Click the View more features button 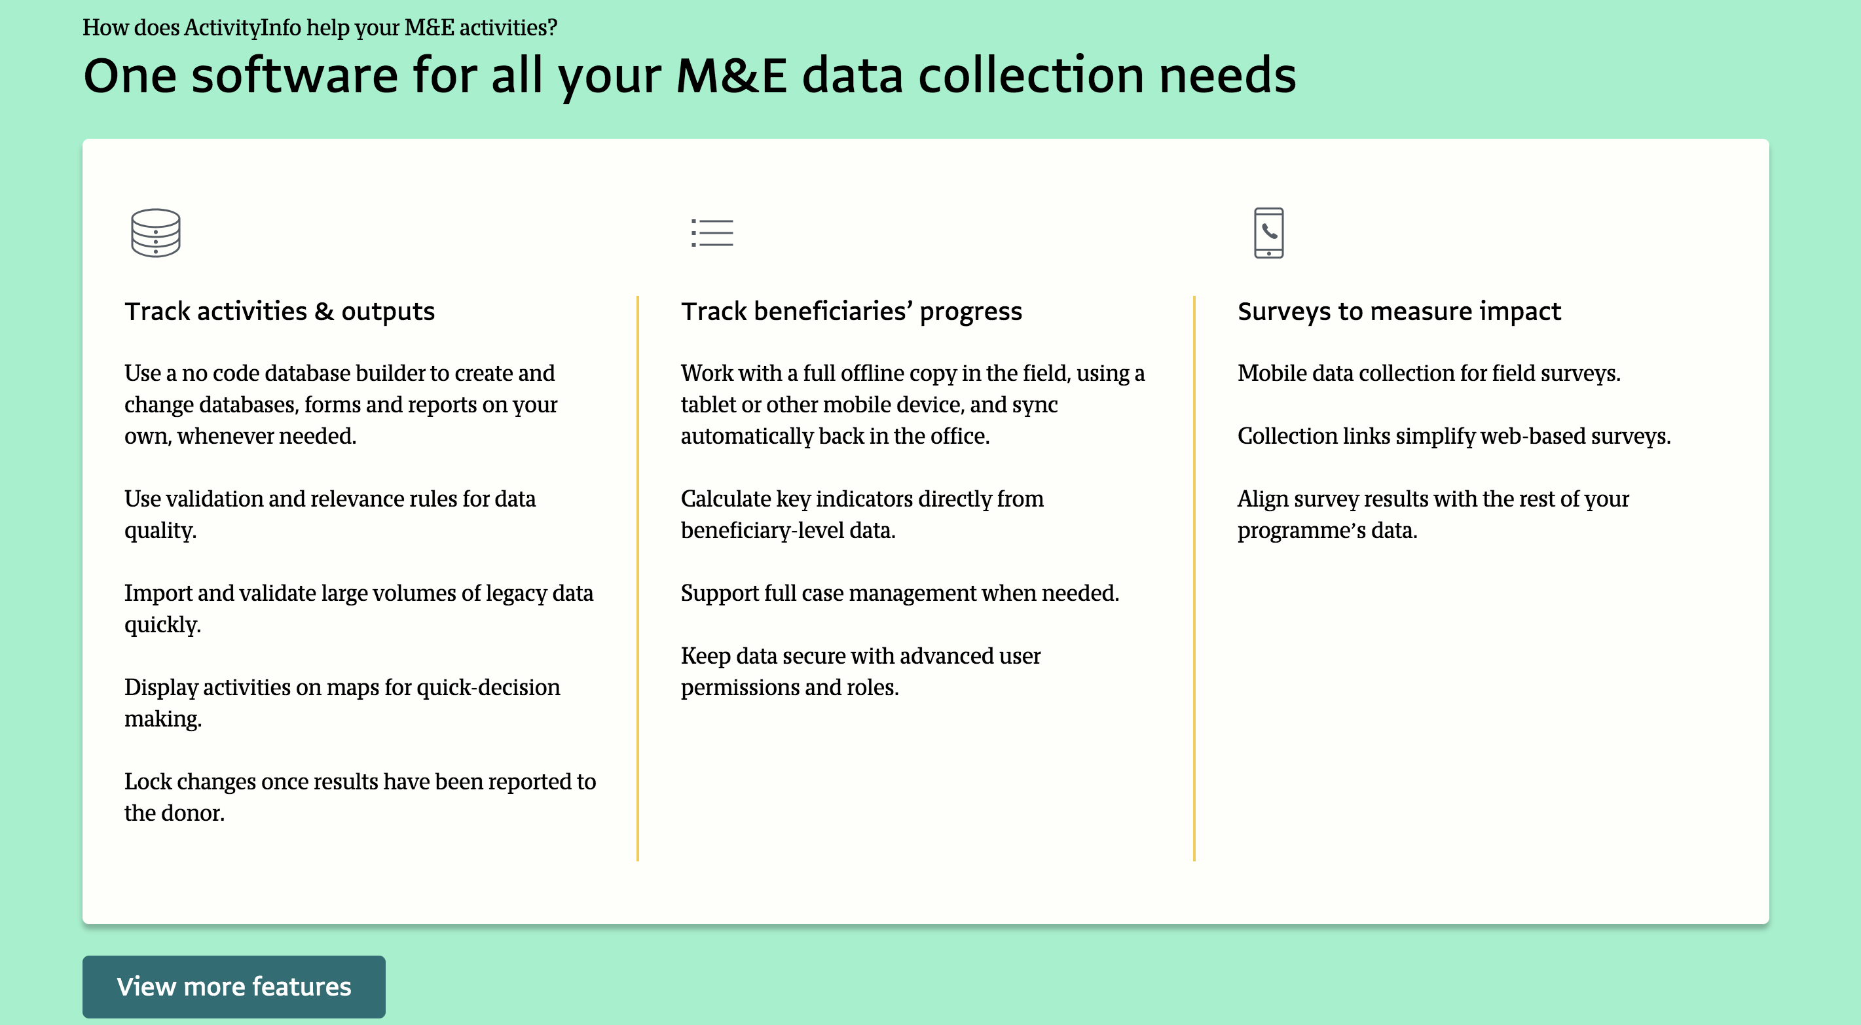click(233, 987)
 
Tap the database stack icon click(155, 232)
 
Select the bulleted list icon click(712, 232)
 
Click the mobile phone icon click(1268, 232)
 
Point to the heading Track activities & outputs click(280, 312)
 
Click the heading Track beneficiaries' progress click(851, 312)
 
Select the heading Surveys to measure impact click(1399, 312)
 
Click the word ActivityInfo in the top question click(242, 27)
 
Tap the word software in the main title click(295, 75)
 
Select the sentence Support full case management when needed click(900, 593)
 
